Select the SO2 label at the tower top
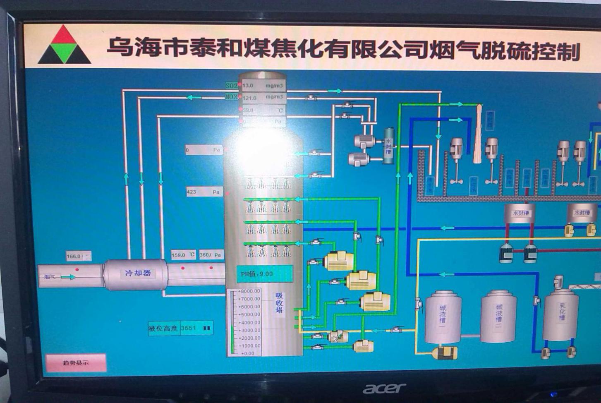[232, 86]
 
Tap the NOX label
[232, 97]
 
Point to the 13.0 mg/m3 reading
[263, 86]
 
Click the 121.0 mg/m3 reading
[263, 98]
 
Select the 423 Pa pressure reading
[204, 192]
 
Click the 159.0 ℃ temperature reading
[183, 255]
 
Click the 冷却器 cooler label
[138, 273]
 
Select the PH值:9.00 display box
[264, 274]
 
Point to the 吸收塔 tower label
[280, 303]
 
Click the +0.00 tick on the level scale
[247, 353]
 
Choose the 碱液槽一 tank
[443, 318]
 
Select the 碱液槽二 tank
[498, 317]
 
